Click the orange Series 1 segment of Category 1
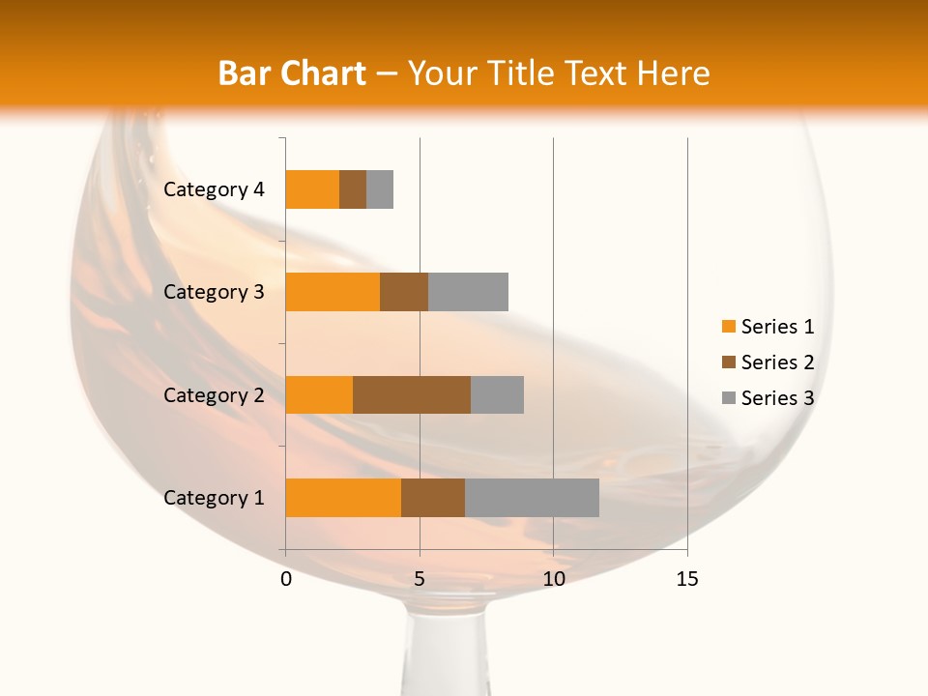tap(343, 498)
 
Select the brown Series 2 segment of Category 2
tap(412, 394)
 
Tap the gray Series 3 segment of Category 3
tap(468, 292)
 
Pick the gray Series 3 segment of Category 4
tap(380, 189)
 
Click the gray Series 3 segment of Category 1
tap(532, 498)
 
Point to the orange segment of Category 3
tap(333, 292)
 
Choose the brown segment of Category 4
tap(353, 189)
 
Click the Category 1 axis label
tap(214, 498)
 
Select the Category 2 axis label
tap(214, 394)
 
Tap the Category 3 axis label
tap(214, 292)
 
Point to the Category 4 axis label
tap(214, 189)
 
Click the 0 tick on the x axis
tap(286, 579)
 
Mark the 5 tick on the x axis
tap(420, 579)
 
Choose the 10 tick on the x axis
tap(553, 579)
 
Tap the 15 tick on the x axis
tap(687, 579)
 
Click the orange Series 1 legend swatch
tap(728, 327)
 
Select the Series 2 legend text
tap(777, 362)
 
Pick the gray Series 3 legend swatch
tap(728, 398)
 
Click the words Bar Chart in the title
tap(292, 73)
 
